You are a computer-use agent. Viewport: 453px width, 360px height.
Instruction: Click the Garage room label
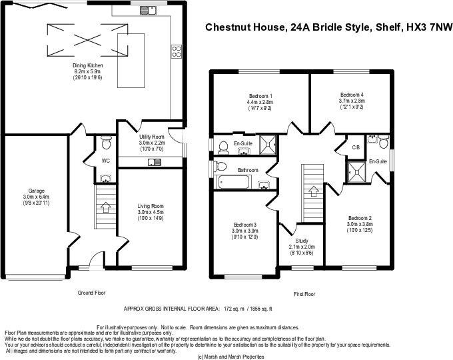[x=37, y=191]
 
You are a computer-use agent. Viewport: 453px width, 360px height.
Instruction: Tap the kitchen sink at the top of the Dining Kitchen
[x=148, y=11]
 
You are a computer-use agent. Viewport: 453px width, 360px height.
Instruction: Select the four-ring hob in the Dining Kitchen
[x=177, y=51]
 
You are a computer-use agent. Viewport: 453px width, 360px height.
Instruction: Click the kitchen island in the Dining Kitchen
[x=131, y=61]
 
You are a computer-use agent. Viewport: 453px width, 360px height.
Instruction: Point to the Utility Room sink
[x=155, y=163]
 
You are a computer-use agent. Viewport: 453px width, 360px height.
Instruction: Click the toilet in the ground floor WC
[x=106, y=143]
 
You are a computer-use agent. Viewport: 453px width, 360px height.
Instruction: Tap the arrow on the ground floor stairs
[x=106, y=207]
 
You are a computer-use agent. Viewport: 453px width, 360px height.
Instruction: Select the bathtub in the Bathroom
[x=234, y=182]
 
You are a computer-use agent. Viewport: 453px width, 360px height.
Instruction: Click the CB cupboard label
[x=356, y=147]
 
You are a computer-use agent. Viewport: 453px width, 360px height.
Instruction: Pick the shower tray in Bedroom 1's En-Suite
[x=268, y=144]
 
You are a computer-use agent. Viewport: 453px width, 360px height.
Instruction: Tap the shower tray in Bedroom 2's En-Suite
[x=356, y=173]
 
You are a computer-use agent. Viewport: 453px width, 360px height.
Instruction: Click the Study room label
[x=302, y=241]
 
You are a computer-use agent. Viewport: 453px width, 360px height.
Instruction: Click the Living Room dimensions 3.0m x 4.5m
[x=151, y=212]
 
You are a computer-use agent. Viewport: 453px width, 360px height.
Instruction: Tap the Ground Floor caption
[x=91, y=293]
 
